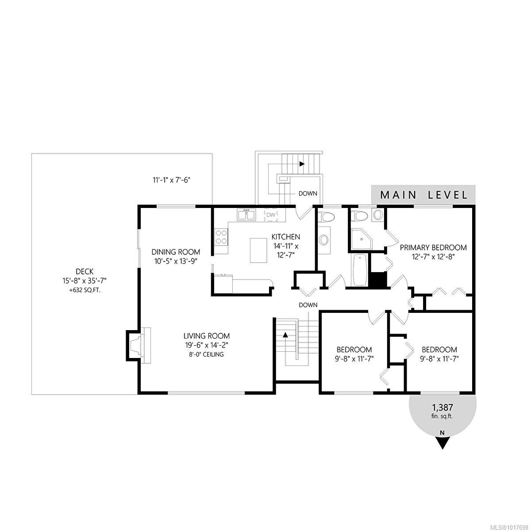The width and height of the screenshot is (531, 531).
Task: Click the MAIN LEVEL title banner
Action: coord(423,195)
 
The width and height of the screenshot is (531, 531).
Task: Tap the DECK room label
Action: coord(84,272)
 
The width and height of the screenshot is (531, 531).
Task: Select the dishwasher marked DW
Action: coord(271,215)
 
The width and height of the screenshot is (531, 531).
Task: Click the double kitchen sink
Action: coord(246,215)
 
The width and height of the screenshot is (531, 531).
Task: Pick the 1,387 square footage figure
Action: coord(442,407)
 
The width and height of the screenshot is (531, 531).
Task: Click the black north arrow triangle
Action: coord(442,442)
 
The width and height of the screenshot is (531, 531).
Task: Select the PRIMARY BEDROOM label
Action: coord(433,248)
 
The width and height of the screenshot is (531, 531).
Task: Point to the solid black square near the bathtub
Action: coord(378,280)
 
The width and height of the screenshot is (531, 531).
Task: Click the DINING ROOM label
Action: coord(176,252)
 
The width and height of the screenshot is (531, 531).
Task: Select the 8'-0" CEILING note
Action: coord(207,354)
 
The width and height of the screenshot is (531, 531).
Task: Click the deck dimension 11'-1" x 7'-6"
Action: coord(171,180)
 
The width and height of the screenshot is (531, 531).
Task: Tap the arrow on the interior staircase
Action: coord(285,335)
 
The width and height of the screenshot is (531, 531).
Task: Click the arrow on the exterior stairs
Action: coord(302,164)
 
